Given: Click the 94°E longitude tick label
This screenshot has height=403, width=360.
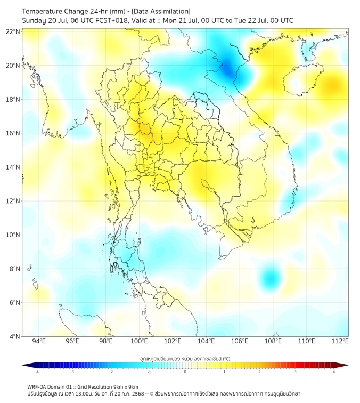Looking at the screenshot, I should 39,342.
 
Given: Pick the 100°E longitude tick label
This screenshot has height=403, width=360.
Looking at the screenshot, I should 139,342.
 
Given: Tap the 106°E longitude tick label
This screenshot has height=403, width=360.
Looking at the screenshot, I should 240,342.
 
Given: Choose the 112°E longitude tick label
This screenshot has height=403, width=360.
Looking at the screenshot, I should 340,342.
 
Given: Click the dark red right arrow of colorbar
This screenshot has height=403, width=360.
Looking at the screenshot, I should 345,365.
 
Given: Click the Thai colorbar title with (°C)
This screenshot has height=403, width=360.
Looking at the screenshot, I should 185,358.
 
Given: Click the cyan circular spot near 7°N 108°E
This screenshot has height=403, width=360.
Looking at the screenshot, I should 272,278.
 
